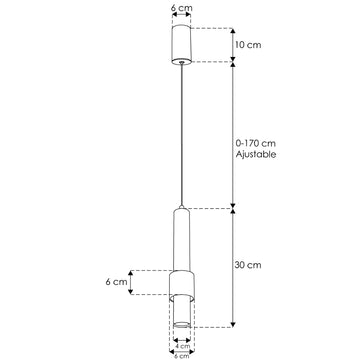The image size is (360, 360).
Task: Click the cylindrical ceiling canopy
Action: (x=180, y=44)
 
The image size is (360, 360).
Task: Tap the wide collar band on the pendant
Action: (x=180, y=283)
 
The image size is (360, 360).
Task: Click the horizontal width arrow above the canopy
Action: (x=180, y=16)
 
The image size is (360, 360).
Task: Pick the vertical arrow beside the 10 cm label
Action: (x=232, y=45)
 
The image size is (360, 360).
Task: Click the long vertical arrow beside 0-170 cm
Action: (x=232, y=135)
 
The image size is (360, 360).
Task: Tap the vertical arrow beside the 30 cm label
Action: (x=232, y=267)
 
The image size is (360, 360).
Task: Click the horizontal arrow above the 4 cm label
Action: (x=180, y=338)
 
